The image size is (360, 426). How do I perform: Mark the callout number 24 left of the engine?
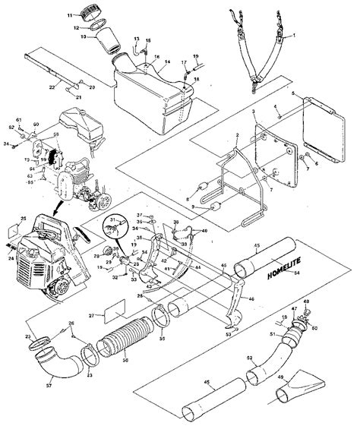coord(11,257)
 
